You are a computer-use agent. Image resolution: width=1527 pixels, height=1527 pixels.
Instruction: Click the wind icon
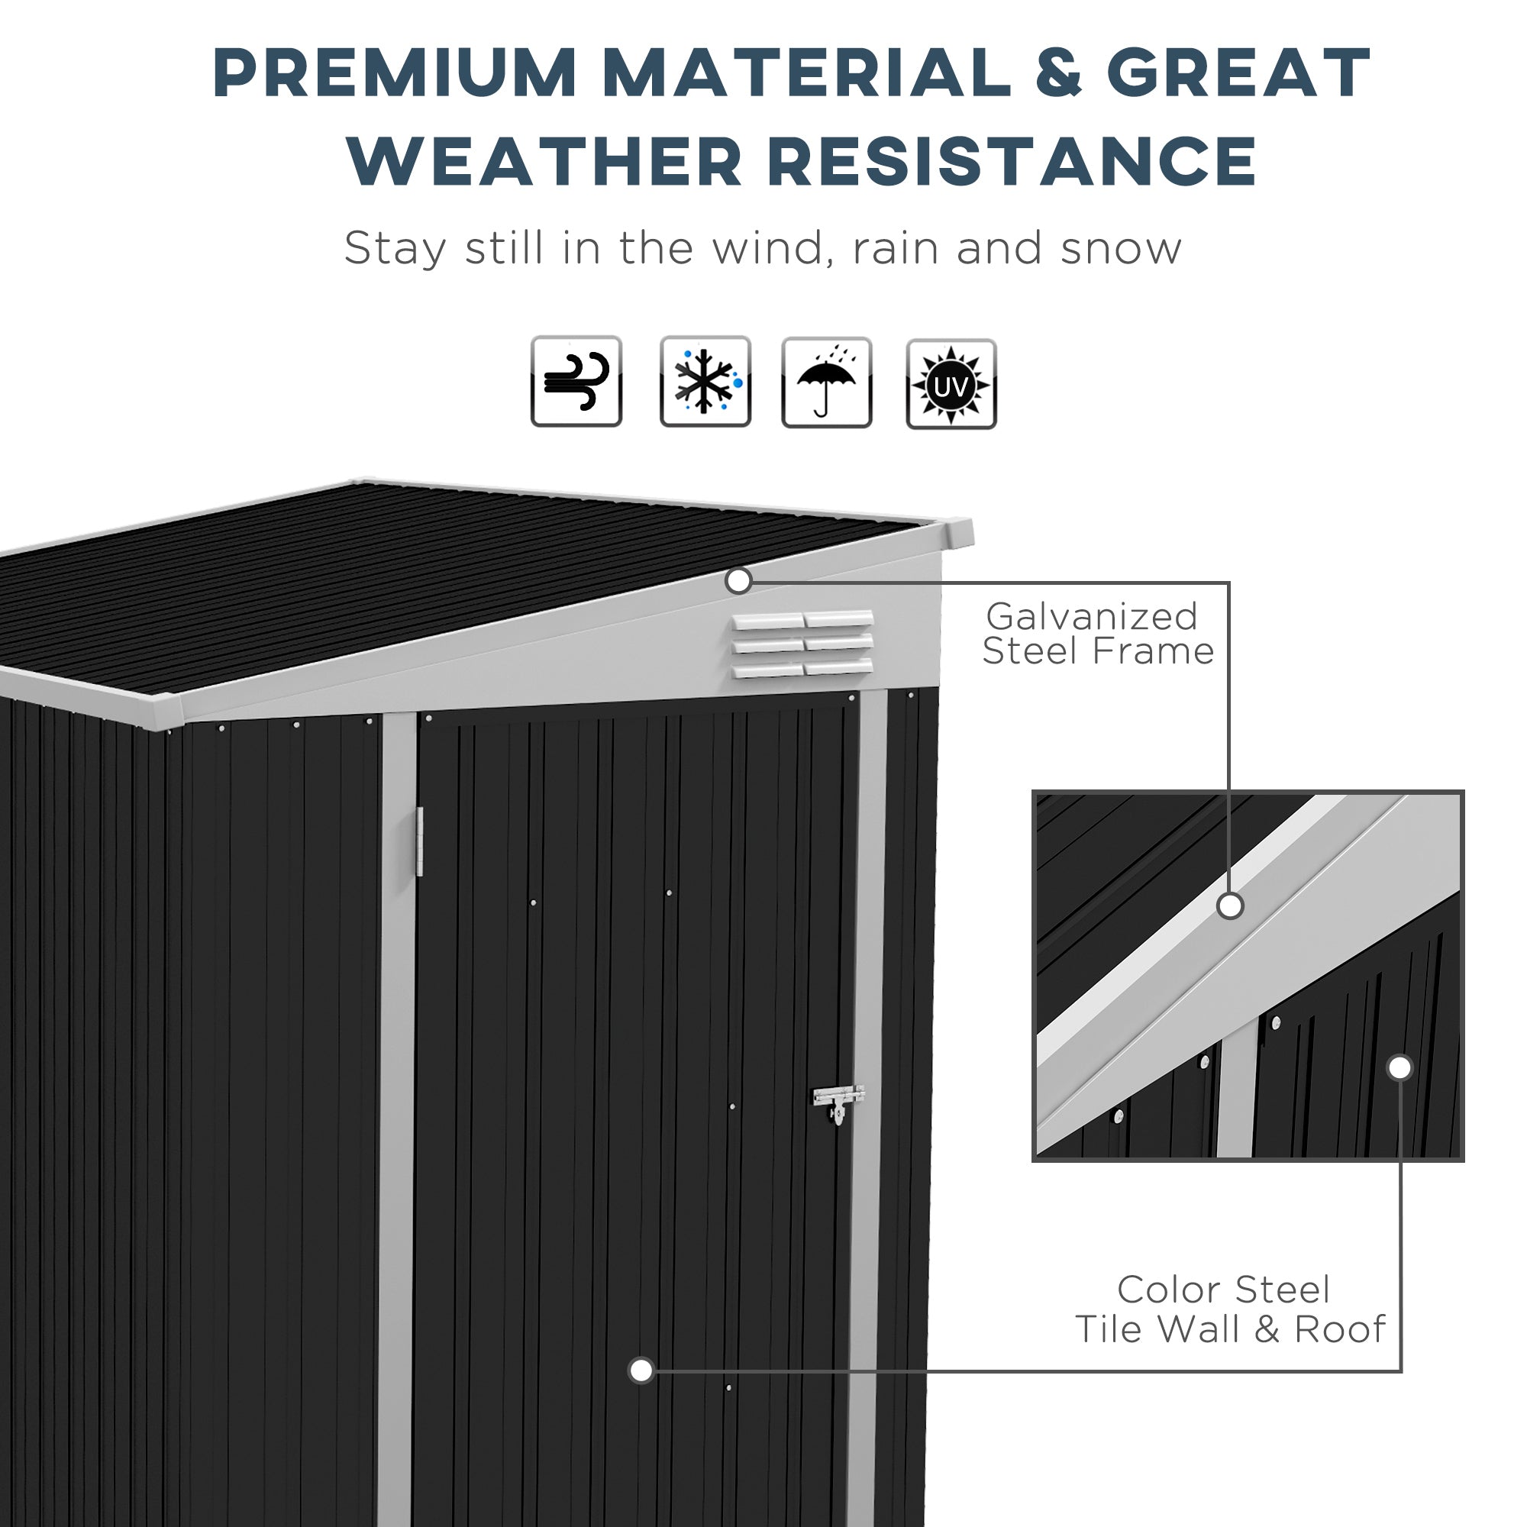(x=576, y=381)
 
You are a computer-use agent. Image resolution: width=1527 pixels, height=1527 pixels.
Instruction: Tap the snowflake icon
(x=705, y=382)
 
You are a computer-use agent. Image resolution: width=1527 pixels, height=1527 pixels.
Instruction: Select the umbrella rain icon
(x=826, y=383)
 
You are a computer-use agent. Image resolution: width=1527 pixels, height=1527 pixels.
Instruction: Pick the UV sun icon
(x=951, y=384)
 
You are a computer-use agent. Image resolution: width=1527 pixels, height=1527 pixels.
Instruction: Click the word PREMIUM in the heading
(x=395, y=73)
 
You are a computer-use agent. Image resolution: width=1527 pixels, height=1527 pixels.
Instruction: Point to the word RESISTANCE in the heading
(x=1012, y=161)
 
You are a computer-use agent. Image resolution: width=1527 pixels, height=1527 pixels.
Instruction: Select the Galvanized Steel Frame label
(x=1097, y=634)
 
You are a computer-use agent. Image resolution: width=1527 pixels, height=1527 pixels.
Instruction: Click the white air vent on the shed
(x=802, y=644)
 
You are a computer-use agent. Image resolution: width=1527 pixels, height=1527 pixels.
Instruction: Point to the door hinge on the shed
(x=420, y=841)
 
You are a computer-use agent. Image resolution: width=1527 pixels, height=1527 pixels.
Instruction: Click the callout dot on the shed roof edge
(x=738, y=581)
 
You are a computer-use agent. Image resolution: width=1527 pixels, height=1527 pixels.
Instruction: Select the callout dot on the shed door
(x=641, y=1370)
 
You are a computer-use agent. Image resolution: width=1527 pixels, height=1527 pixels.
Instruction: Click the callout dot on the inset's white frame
(x=1230, y=906)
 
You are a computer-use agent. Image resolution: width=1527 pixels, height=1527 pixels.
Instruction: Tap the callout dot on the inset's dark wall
(x=1399, y=1068)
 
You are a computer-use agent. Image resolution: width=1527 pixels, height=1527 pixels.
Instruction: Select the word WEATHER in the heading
(x=544, y=161)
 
